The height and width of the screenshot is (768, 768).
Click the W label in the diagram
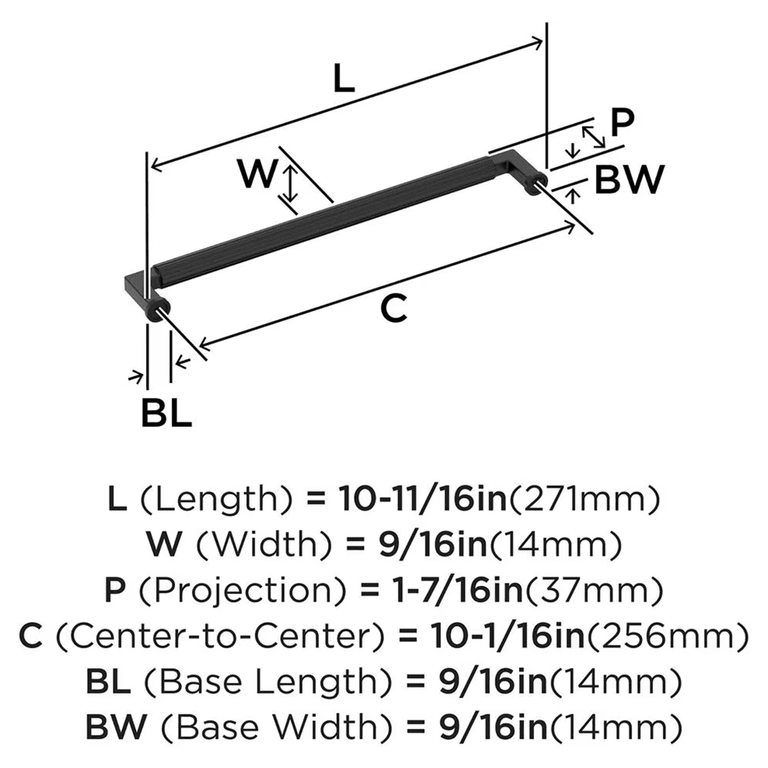click(256, 174)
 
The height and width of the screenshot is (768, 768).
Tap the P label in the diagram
click(623, 121)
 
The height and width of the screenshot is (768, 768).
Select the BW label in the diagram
click(629, 181)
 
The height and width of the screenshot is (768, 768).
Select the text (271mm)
click(586, 501)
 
